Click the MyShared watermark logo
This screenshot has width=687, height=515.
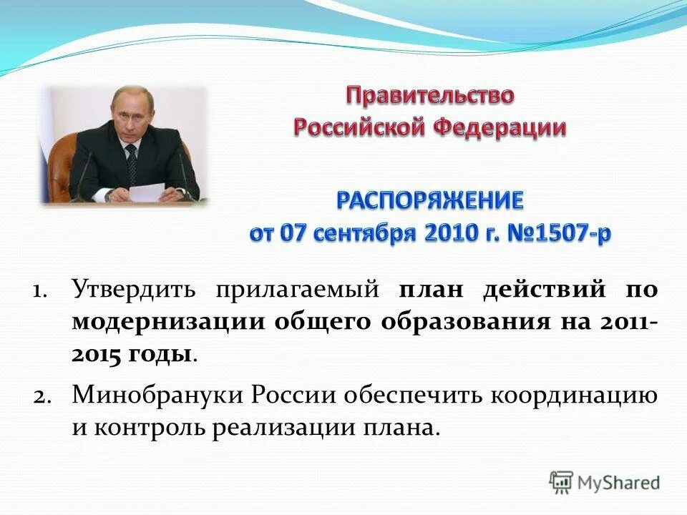coord(605,482)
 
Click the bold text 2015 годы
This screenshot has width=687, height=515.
coord(132,355)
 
